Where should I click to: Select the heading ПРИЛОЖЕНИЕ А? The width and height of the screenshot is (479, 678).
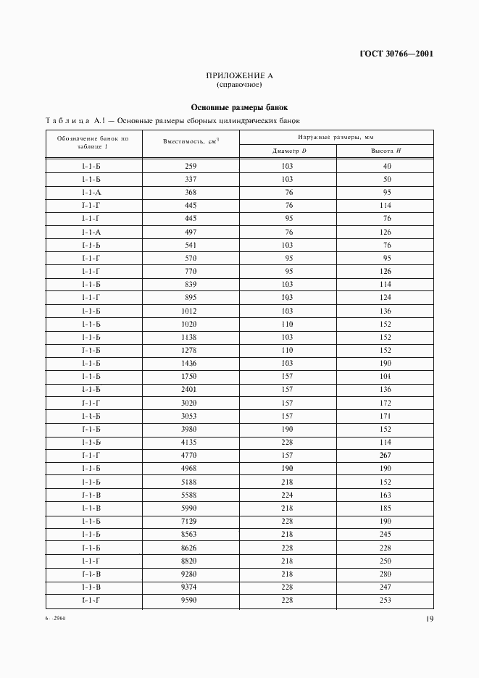click(x=239, y=75)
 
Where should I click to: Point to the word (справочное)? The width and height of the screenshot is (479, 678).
click(x=239, y=84)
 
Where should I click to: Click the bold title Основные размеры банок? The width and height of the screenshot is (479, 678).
click(x=239, y=106)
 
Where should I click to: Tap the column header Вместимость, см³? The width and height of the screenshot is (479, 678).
click(x=191, y=143)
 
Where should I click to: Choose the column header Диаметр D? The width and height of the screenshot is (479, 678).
click(x=288, y=151)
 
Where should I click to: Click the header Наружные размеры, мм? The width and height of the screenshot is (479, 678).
click(x=336, y=137)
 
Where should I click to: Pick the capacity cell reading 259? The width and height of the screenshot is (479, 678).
click(x=191, y=166)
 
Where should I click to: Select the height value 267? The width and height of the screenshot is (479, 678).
click(x=385, y=455)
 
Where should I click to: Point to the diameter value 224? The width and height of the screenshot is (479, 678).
click(x=288, y=494)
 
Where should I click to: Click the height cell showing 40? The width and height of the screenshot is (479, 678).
click(x=386, y=166)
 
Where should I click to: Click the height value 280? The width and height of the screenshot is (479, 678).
click(x=385, y=573)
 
